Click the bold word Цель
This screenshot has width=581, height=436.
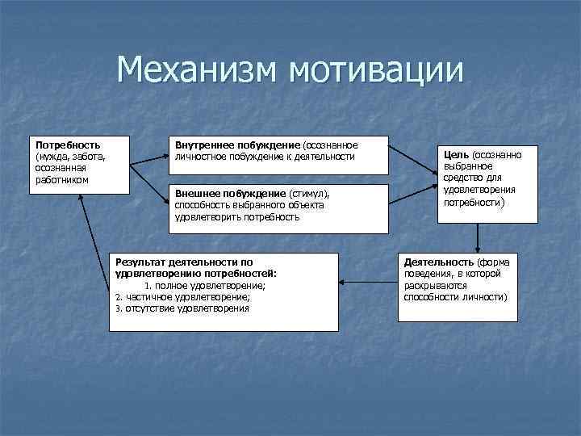point(457,154)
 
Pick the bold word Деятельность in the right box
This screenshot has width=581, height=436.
point(439,263)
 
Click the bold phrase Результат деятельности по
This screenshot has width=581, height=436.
point(184,262)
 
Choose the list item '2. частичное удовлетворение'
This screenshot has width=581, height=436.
point(182,296)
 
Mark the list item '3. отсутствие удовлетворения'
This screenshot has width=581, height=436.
point(182,308)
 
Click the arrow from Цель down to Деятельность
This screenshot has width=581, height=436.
point(479,238)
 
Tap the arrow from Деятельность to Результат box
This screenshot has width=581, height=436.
point(368,283)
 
